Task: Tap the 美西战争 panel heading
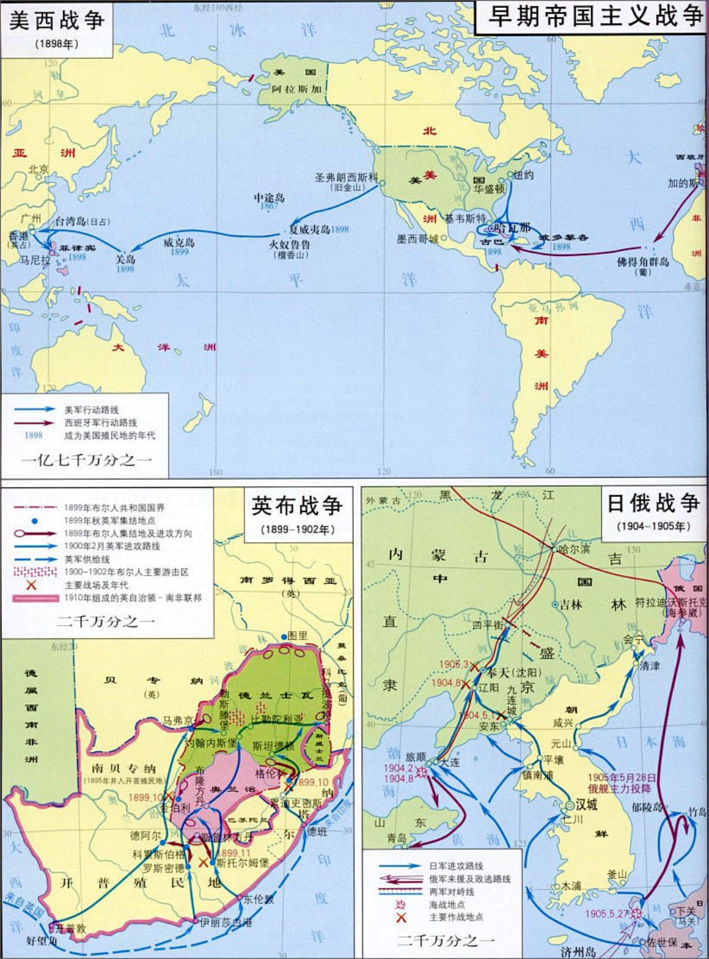[x=56, y=20]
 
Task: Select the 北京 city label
[x=38, y=169]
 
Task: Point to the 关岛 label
[x=125, y=260]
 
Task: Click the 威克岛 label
[x=179, y=243]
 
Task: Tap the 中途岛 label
[x=269, y=197]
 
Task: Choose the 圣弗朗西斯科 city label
[x=346, y=178]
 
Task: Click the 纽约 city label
[x=523, y=175]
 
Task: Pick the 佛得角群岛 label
[x=643, y=262]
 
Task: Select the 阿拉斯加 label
[x=297, y=89]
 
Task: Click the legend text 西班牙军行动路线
[x=100, y=422]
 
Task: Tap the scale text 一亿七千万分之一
[x=87, y=460]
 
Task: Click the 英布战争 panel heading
[x=297, y=506]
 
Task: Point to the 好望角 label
[x=42, y=941]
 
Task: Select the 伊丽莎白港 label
[x=226, y=922]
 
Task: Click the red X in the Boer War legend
[x=31, y=584]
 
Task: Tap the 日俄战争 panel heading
[x=653, y=503]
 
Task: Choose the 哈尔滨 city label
[x=574, y=549]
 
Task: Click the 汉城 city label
[x=586, y=804]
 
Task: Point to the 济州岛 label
[x=578, y=951]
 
